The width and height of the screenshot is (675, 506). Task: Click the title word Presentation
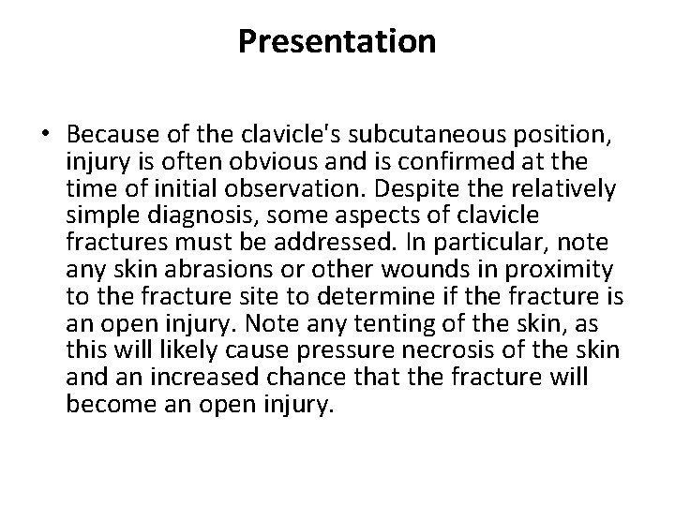coord(337,41)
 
